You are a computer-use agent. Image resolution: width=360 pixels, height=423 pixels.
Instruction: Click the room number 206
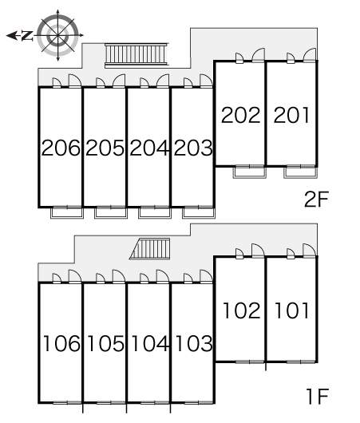tap(61, 148)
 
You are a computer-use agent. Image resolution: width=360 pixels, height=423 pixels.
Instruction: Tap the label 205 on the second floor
tap(105, 148)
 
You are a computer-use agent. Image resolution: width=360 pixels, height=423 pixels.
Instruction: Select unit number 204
tap(149, 148)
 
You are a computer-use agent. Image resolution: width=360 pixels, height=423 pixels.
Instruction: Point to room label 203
tap(193, 148)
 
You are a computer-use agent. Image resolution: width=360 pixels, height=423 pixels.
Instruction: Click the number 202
tap(241, 115)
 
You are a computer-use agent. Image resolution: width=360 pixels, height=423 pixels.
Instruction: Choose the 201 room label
tap(291, 115)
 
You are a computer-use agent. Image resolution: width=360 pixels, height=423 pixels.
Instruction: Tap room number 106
tap(61, 343)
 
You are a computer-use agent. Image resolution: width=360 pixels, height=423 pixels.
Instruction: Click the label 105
tap(106, 343)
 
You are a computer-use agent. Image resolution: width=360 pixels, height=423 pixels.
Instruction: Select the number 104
tap(150, 343)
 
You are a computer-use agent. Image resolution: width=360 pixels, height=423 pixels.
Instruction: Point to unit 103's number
tap(194, 343)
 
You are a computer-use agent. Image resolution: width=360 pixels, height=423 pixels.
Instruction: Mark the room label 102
tap(242, 310)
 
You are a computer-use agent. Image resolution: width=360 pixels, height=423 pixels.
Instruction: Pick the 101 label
tap(291, 310)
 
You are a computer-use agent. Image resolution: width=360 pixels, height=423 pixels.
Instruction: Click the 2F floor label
tap(316, 199)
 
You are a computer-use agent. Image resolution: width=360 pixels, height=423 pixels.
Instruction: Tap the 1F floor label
tap(318, 396)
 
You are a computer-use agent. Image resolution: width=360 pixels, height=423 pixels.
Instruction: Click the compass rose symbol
tap(57, 35)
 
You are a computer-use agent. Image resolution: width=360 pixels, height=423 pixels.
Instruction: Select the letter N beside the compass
tap(27, 36)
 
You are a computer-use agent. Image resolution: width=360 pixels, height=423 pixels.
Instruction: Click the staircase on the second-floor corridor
tap(136, 55)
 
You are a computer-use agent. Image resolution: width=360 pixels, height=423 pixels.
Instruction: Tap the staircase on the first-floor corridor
tap(150, 249)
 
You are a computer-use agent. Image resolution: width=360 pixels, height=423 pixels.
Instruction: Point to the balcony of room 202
tap(250, 172)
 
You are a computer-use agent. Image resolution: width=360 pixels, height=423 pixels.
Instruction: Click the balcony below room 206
tap(67, 213)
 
